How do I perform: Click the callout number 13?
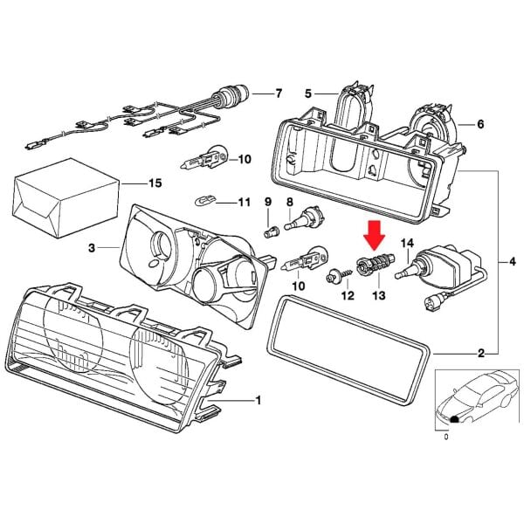378,296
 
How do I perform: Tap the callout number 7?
279,93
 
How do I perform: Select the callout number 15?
155,183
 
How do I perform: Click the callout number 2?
480,354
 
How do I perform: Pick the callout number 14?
406,242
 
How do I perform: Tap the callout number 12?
348,296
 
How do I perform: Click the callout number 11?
244,203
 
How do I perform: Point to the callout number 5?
308,93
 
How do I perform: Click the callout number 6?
479,124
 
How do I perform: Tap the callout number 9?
268,203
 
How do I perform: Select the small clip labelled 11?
203,202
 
